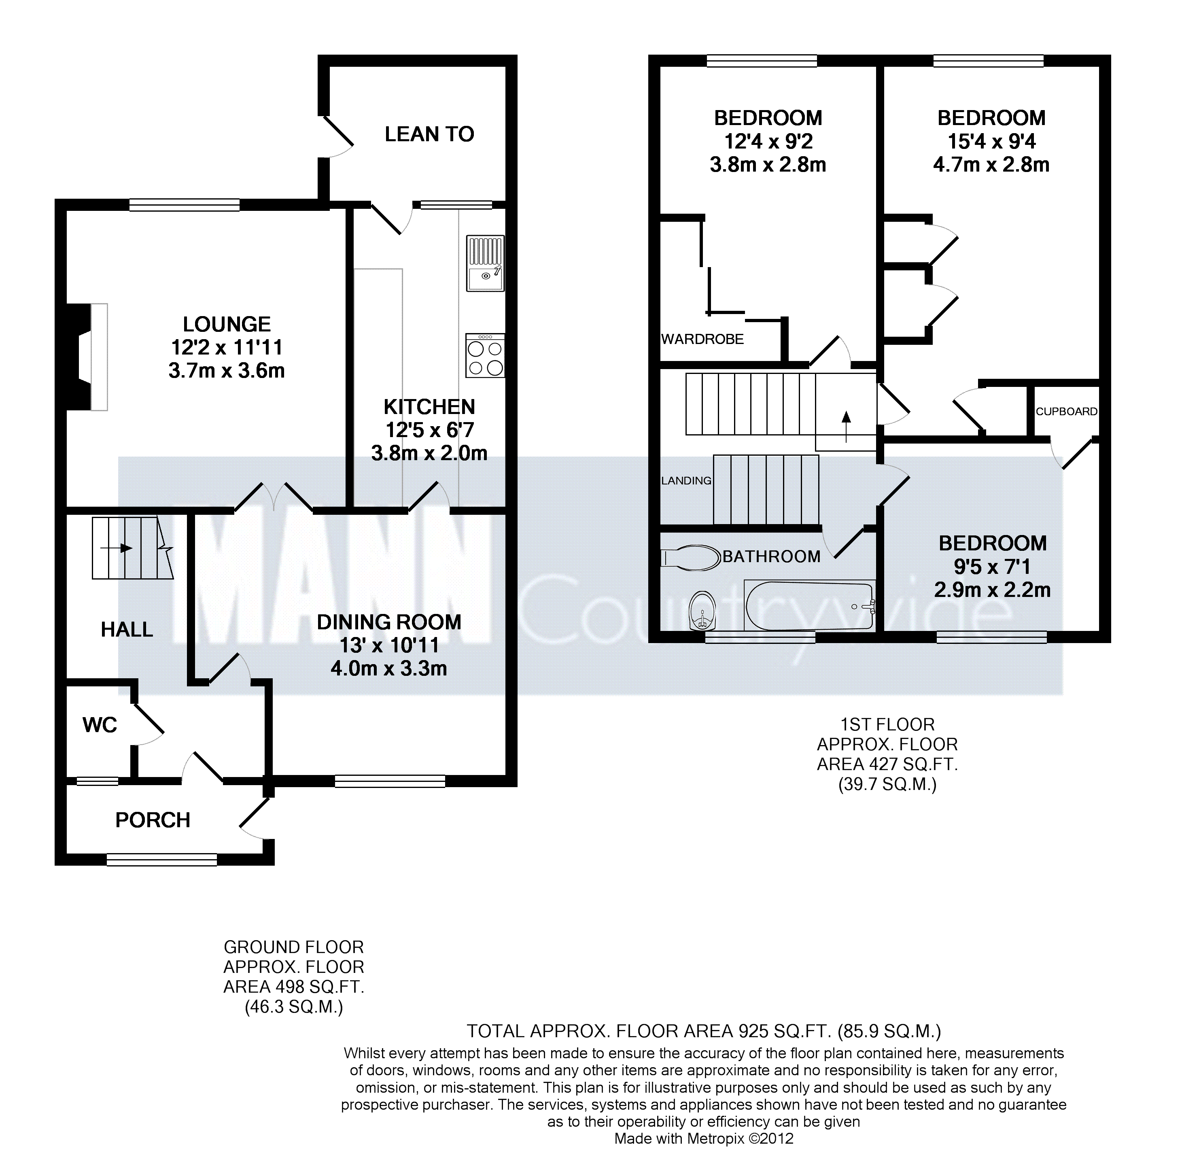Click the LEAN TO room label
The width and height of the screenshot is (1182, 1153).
click(x=429, y=134)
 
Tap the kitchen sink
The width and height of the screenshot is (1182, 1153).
click(x=485, y=263)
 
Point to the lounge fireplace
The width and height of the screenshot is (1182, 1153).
click(x=87, y=357)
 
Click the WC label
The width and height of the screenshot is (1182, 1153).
click(x=100, y=725)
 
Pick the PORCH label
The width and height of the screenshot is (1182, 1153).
click(x=153, y=820)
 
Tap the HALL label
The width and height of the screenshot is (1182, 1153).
click(x=127, y=630)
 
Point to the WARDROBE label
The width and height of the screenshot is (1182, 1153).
click(x=702, y=339)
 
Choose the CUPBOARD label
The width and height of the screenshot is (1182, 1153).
click(x=1066, y=411)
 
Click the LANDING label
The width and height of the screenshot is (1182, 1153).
click(x=686, y=481)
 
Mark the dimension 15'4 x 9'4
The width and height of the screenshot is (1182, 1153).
click(x=992, y=142)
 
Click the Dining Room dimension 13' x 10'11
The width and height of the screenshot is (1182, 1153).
click(x=389, y=646)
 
